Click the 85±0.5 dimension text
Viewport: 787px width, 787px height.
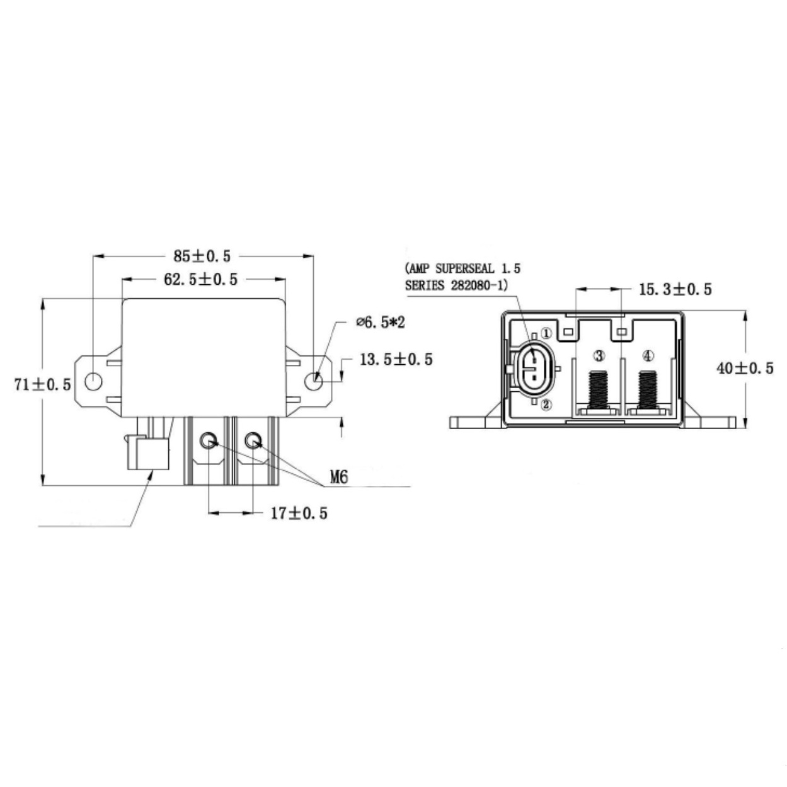click(202, 256)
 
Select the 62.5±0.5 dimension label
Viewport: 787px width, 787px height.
click(200, 279)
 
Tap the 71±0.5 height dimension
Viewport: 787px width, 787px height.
click(42, 384)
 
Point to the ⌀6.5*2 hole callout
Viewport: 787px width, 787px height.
click(380, 323)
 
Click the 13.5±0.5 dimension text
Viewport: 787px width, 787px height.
click(396, 359)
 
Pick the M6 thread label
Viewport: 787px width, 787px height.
click(339, 477)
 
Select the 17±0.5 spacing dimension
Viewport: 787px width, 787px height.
click(299, 514)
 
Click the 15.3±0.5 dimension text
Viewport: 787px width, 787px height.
click(675, 289)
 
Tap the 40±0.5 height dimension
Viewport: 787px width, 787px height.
click(745, 369)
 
